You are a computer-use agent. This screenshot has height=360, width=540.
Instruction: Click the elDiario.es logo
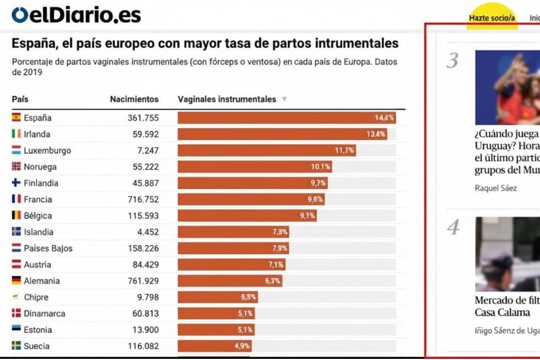[76, 15]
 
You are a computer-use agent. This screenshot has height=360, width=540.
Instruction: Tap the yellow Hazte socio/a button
[492, 17]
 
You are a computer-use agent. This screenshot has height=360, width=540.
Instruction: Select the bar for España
[286, 118]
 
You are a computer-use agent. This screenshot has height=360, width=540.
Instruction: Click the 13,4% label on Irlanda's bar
[376, 134]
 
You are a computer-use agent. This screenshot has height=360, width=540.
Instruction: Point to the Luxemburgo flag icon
[16, 150]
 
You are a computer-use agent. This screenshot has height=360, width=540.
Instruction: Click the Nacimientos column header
[134, 99]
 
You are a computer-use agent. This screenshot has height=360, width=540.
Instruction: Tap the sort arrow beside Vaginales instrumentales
[284, 99]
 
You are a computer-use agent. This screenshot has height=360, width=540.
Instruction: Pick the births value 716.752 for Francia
[143, 200]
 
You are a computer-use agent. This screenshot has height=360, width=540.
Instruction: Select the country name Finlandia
[41, 183]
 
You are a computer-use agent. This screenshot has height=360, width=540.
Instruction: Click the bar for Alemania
[230, 281]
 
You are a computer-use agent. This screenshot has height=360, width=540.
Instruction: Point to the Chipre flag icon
[16, 296]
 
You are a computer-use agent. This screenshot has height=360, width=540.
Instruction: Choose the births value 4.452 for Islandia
[148, 232]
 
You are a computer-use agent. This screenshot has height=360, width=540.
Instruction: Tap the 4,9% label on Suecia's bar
[242, 346]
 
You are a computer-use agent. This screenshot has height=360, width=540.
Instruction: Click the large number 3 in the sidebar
[452, 61]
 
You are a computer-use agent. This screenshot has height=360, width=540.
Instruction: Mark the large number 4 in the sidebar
[453, 227]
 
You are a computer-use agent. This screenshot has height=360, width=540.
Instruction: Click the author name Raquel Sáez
[496, 188]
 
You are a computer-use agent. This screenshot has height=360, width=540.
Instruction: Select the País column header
[20, 99]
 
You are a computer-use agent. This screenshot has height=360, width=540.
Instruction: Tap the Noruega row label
[40, 166]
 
